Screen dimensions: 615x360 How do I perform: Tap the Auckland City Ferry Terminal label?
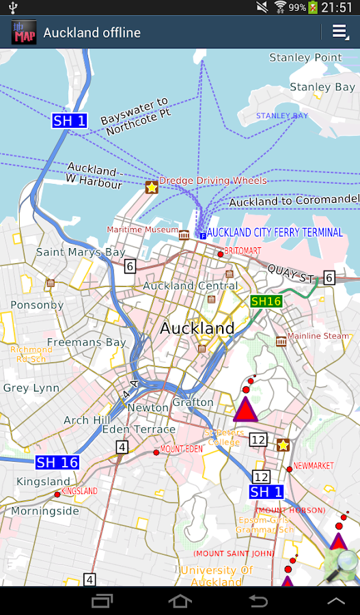pos(275,232)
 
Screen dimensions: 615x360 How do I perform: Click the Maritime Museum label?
pos(142,230)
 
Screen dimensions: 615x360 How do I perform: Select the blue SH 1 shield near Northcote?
pos(70,121)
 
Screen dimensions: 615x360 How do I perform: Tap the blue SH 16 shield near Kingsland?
pos(57,463)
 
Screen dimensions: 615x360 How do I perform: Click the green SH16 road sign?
pos(266,301)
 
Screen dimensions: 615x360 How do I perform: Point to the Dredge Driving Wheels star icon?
pos(152,187)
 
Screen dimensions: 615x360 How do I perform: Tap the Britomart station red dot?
pos(221,254)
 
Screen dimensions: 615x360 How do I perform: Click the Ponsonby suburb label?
pos(37,305)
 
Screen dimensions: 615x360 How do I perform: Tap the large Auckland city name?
pos(197,328)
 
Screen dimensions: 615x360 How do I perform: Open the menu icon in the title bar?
pos(340,32)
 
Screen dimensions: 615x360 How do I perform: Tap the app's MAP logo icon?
pos(24,33)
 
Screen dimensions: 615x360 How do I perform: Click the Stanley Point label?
pos(305,57)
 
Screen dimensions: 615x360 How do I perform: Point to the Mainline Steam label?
pos(318,336)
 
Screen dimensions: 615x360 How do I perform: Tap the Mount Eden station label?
pos(181,449)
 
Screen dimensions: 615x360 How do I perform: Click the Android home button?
pos(180,601)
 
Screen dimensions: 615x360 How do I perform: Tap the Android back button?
pos(258,601)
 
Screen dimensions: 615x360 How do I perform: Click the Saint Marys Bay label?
pos(81,252)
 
